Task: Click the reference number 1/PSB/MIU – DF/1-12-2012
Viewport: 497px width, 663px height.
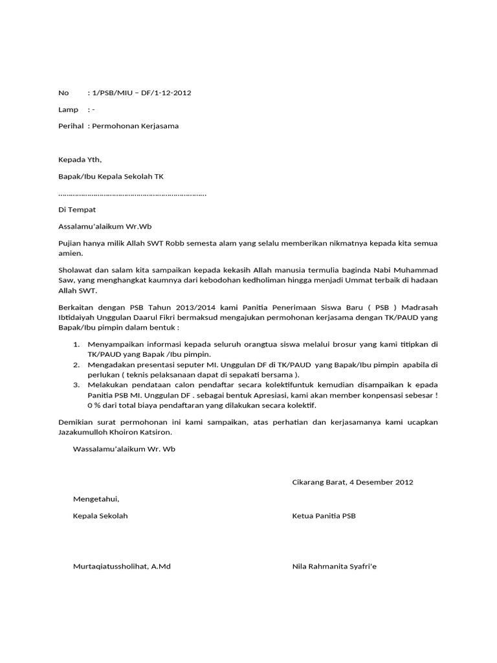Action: (x=143, y=93)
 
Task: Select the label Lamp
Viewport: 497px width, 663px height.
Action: (x=68, y=109)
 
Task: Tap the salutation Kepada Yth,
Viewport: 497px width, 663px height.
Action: (x=80, y=160)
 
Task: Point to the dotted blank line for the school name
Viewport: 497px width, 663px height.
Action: (x=132, y=194)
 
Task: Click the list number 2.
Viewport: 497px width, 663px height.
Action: (x=76, y=365)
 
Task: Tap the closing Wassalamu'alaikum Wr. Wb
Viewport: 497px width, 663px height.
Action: (x=124, y=449)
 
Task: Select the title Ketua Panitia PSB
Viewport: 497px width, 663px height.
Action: (x=324, y=516)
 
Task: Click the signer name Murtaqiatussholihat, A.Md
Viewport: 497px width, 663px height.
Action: (x=122, y=567)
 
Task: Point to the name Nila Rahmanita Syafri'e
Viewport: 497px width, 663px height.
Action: (x=334, y=567)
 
